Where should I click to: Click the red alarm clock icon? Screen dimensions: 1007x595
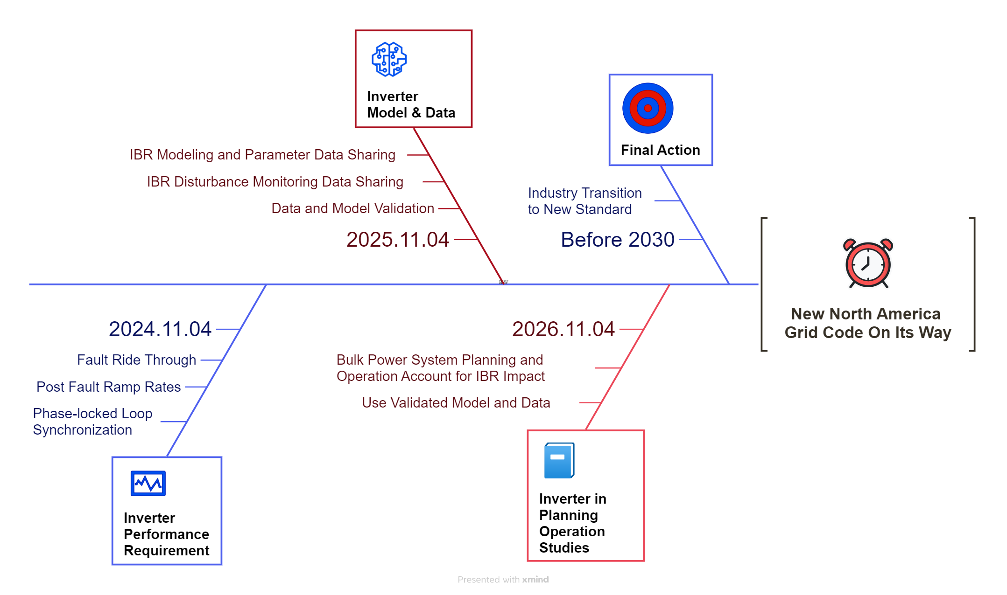tap(868, 263)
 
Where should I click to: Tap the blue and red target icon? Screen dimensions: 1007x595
tap(648, 108)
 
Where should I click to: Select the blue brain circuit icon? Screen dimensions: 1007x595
tap(389, 59)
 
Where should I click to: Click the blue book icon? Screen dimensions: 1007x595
tap(559, 460)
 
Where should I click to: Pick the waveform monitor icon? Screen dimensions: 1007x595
tap(148, 483)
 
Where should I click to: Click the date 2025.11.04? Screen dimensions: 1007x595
tap(397, 240)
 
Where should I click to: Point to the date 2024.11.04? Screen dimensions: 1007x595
tap(160, 329)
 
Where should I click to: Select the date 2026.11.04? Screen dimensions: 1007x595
tap(563, 329)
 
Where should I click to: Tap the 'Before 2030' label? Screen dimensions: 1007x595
tap(618, 240)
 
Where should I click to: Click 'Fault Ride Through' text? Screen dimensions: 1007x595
tap(136, 360)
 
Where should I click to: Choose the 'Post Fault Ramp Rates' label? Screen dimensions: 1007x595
tap(108, 387)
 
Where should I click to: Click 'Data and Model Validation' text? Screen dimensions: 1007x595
tap(352, 208)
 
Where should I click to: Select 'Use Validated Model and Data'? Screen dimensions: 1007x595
tap(456, 403)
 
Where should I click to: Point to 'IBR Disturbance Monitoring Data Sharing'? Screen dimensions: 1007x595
tap(275, 182)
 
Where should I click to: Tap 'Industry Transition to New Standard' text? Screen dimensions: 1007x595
tap(584, 201)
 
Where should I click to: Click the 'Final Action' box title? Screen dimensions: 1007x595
tap(660, 150)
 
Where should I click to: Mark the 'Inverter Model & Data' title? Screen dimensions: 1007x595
tap(411, 104)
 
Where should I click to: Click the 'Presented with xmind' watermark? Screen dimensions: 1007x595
tap(503, 580)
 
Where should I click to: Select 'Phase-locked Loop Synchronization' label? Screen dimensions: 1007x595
tap(92, 422)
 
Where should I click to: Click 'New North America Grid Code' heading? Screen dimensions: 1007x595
tap(867, 323)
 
